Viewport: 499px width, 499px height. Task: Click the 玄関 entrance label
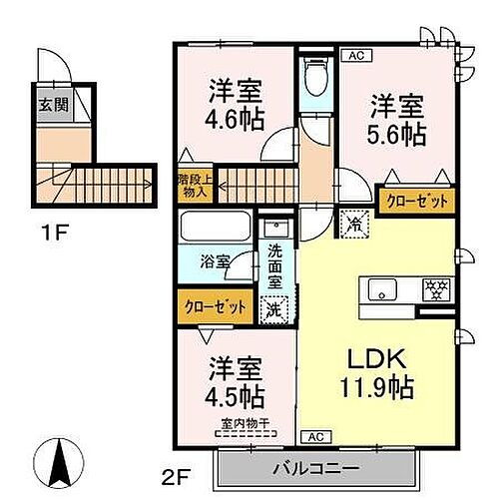click(x=49, y=105)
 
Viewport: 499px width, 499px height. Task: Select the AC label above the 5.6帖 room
click(x=355, y=56)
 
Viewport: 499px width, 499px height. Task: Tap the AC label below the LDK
click(x=314, y=437)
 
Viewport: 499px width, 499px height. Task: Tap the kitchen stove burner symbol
click(x=436, y=290)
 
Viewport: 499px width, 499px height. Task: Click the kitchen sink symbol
click(x=383, y=290)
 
